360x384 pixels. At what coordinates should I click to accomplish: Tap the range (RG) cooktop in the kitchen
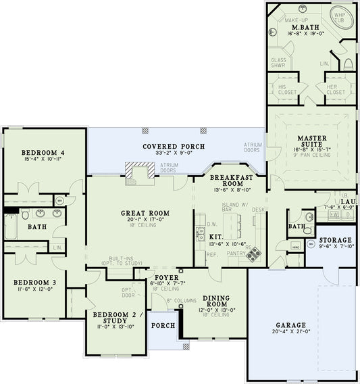pos(255,254)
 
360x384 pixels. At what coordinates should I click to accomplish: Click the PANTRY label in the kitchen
pos(236,253)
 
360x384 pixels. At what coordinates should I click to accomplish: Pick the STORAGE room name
pos(335,240)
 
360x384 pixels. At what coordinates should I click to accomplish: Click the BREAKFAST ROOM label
pos(226,180)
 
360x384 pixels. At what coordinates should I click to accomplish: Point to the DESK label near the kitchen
pos(258,210)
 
